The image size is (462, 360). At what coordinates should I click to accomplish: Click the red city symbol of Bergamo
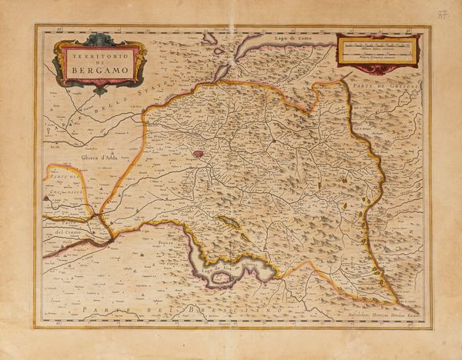[199, 153]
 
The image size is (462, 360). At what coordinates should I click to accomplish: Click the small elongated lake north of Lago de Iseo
[229, 222]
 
